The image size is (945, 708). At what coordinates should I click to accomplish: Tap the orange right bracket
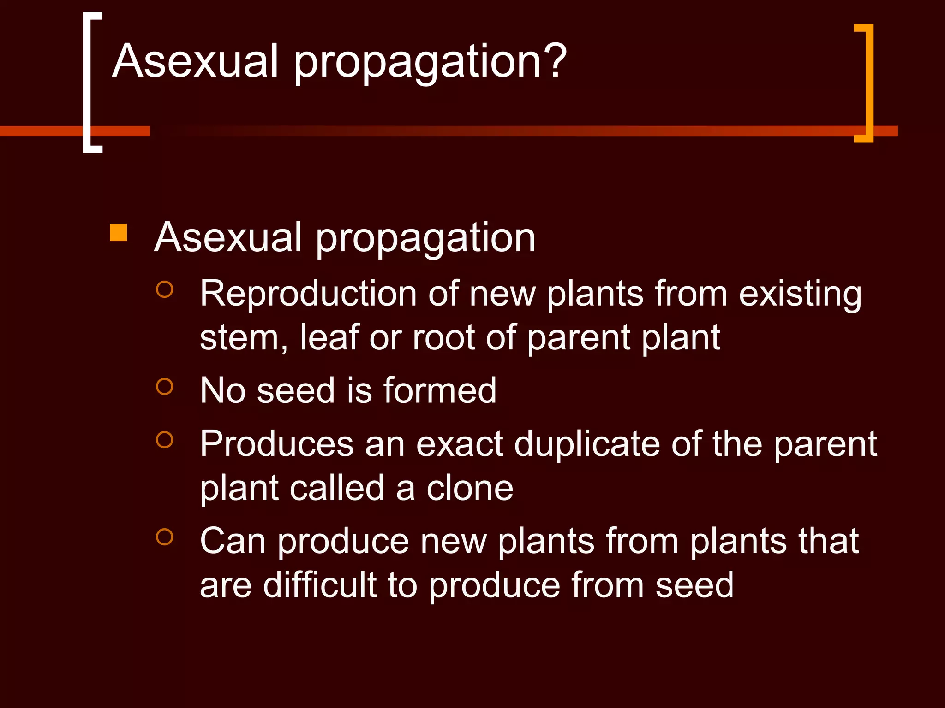coord(867,83)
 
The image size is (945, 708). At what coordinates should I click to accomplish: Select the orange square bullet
coord(119,233)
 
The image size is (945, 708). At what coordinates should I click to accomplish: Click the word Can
coord(233,541)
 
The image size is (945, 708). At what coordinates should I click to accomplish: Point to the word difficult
coord(320,584)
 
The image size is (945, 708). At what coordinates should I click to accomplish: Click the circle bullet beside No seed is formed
coord(165,386)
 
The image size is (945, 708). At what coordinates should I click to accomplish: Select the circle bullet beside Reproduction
coord(165,289)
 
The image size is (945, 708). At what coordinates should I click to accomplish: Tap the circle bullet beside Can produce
coord(165,537)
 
